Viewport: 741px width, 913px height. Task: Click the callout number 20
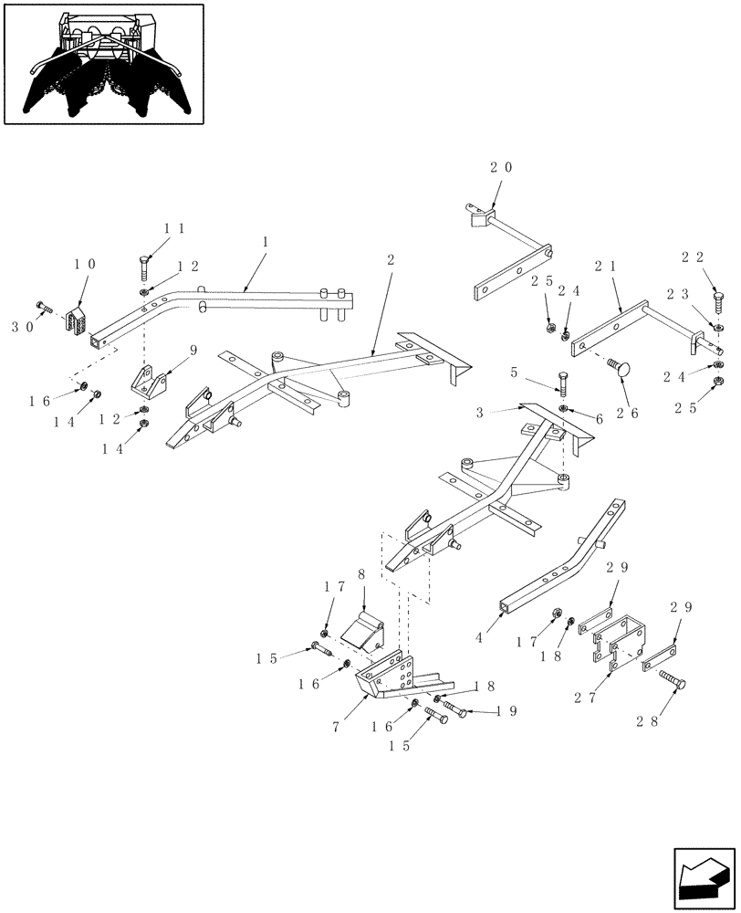(501, 168)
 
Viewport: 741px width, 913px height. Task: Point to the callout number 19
(504, 710)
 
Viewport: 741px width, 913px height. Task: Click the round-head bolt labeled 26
(617, 367)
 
